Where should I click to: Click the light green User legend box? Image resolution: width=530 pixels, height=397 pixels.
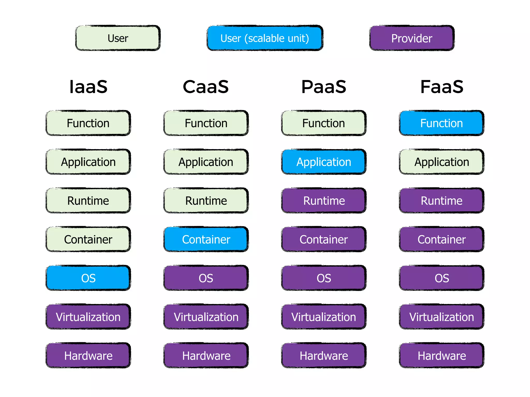pos(118,38)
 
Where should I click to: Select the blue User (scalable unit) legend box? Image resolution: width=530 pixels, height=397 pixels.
pos(265,38)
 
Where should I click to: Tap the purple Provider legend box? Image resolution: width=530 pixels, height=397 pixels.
pos(412,38)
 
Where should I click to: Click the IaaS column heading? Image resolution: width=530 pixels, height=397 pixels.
pos(88,87)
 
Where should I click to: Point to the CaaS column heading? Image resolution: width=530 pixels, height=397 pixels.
pos(206,87)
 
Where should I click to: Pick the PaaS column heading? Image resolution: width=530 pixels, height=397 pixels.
pos(324,87)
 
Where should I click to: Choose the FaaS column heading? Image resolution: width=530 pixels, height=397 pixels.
pos(442,87)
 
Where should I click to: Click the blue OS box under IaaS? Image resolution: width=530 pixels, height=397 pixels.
pos(88,278)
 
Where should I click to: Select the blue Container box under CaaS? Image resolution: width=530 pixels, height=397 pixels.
pos(206,239)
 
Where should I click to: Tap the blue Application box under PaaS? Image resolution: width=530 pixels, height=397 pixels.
pos(324,162)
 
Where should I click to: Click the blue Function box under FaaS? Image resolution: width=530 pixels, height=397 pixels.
pos(441,123)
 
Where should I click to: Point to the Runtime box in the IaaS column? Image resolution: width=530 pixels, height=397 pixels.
pos(88,201)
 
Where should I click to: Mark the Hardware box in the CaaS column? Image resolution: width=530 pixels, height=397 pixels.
pos(206,356)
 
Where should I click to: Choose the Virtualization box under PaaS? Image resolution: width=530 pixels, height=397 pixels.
pos(324,317)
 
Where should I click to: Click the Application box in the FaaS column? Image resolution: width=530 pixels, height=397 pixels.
pos(441,162)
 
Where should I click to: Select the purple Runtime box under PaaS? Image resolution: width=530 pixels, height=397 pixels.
pos(324,201)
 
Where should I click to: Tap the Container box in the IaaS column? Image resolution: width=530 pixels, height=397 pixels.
pos(88,239)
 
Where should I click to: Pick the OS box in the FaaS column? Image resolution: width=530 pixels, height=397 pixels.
pos(441,278)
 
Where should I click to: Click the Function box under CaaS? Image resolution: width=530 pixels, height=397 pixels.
pos(206,123)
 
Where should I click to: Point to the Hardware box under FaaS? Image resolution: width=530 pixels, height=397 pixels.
pos(441,356)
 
